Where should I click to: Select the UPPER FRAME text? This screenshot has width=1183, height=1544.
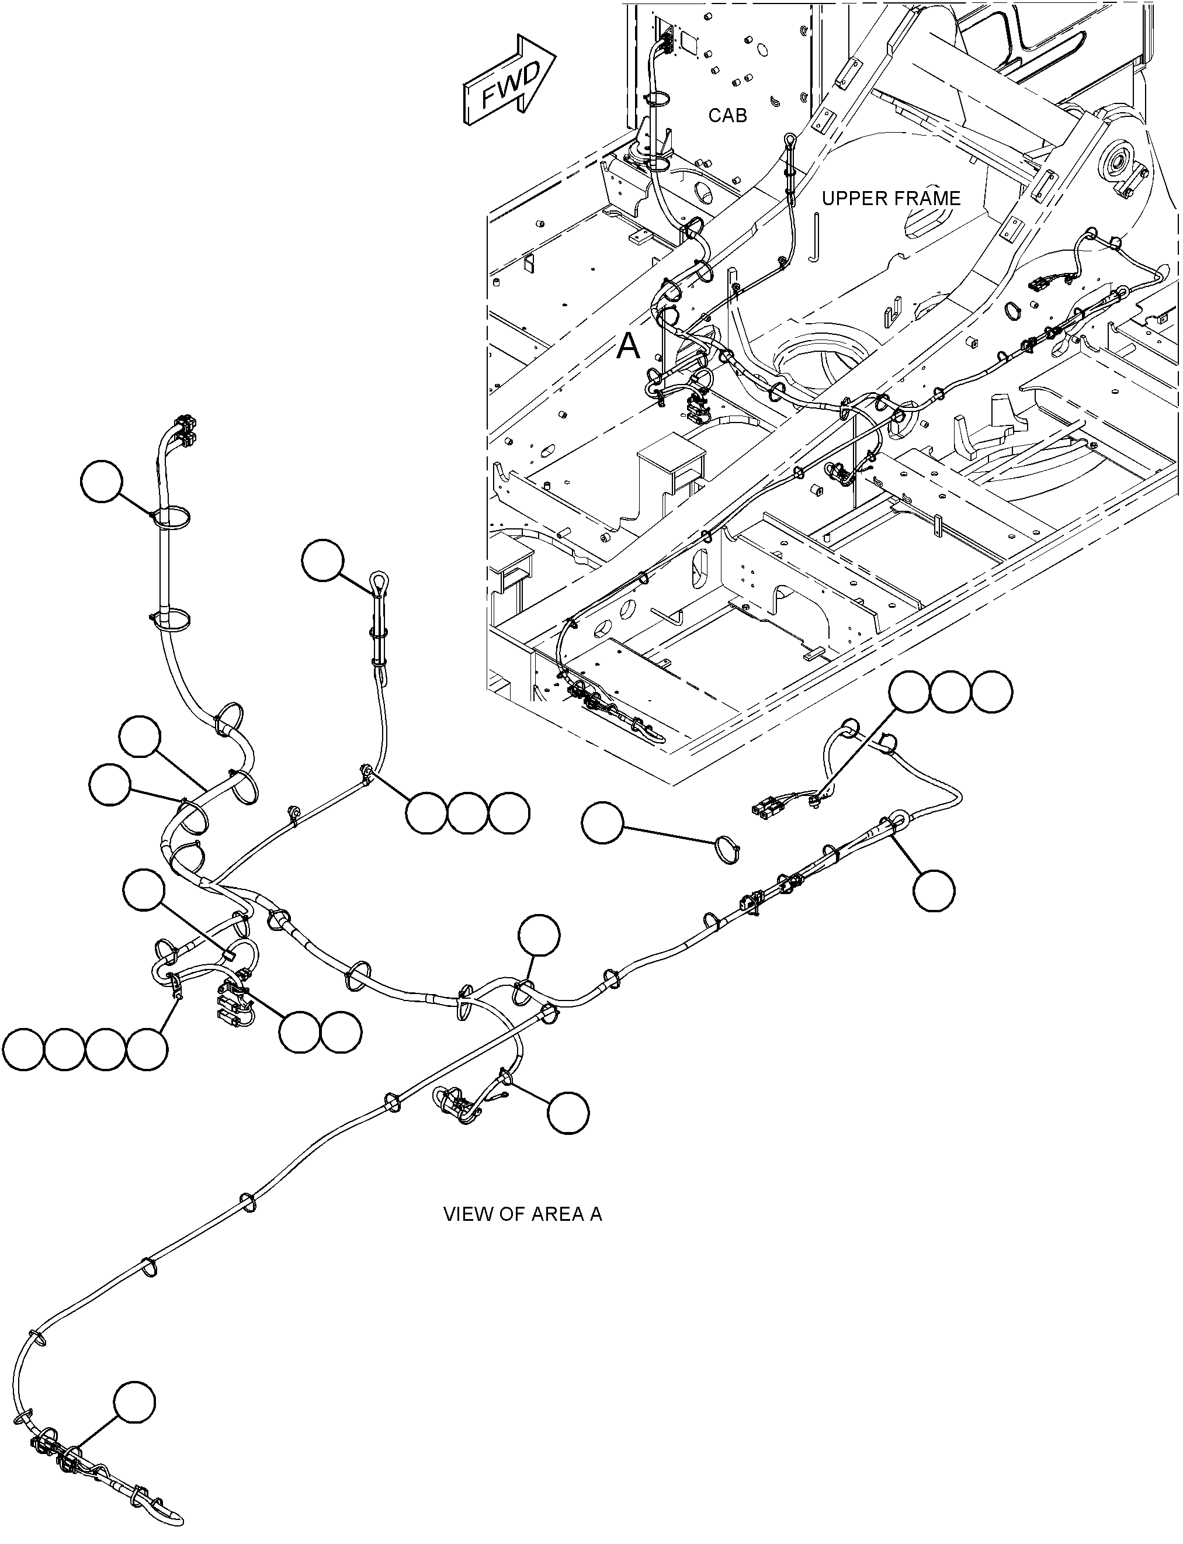891,199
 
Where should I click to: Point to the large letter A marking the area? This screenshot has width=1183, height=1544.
628,347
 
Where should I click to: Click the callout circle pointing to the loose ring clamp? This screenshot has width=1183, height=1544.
603,823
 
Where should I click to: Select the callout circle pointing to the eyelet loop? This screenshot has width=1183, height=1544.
322,560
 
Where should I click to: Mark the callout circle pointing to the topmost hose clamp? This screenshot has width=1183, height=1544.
102,481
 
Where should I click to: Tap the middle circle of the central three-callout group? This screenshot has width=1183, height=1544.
467,814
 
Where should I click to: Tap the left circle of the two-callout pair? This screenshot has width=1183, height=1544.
300,1033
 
